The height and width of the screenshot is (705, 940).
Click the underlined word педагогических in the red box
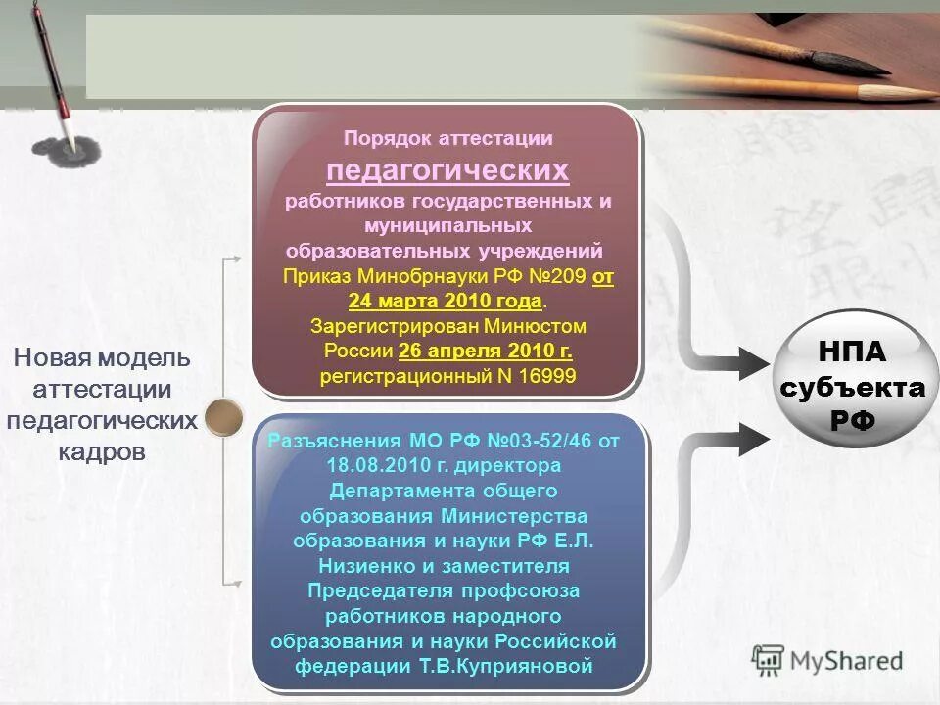click(x=447, y=170)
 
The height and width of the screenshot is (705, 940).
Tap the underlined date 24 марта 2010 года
click(x=445, y=300)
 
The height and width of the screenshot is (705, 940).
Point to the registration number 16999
click(x=552, y=376)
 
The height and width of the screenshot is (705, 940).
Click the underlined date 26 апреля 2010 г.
click(x=486, y=351)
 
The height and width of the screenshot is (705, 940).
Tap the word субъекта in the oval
click(x=852, y=387)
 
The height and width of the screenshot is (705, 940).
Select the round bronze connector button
click(x=223, y=416)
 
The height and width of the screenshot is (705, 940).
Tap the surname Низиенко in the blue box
click(x=371, y=566)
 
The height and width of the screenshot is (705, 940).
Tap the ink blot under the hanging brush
click(x=73, y=149)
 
